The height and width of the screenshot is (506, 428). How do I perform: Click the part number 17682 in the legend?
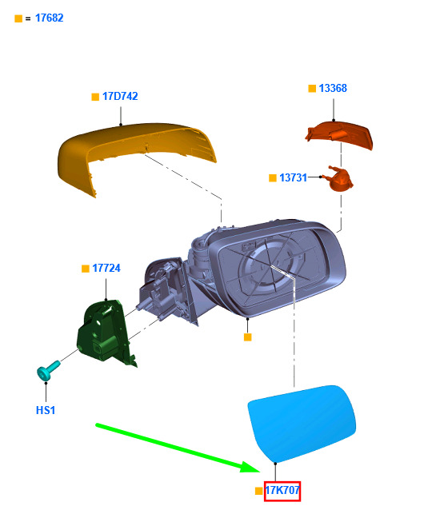pos(49,18)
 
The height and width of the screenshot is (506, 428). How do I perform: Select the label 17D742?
pos(120,96)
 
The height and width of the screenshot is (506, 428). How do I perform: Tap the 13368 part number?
pos(333,88)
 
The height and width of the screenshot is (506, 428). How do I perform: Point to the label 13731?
pos(293,177)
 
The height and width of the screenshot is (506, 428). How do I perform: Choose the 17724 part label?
pos(106,268)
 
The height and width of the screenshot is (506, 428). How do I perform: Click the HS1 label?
pos(46,410)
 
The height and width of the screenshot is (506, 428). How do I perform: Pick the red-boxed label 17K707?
pos(282,491)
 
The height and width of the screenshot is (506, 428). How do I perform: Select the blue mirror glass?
pos(302,423)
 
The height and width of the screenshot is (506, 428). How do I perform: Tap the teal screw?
pos(48,370)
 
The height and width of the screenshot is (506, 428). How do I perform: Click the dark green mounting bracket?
pos(105,333)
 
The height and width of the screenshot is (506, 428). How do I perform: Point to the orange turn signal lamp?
pos(339,134)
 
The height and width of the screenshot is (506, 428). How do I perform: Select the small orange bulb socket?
pos(341,179)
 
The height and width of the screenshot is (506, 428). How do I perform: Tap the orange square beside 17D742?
pos(95,97)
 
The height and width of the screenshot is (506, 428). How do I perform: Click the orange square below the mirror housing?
pos(247,337)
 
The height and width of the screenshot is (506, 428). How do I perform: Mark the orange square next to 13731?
pos(273,177)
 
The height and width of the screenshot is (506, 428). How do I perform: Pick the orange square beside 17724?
pos(86,269)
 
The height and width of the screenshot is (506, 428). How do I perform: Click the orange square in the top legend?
pos(18,18)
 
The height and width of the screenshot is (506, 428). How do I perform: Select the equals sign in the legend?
pos(28,19)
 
